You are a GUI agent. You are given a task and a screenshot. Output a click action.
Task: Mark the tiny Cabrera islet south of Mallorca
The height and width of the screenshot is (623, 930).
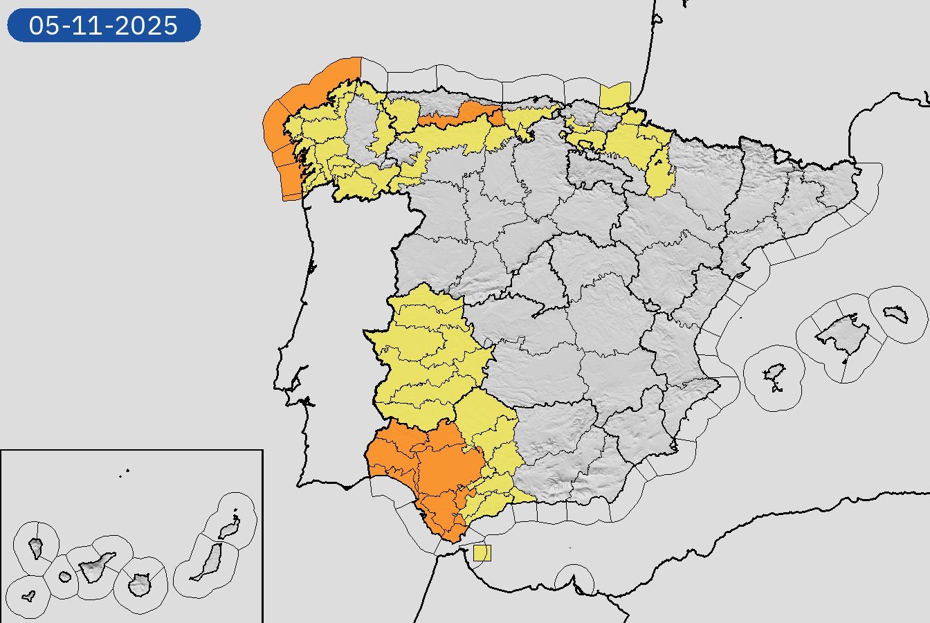[844, 361]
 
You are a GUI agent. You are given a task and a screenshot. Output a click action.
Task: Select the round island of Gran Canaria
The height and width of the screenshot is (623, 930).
[140, 585]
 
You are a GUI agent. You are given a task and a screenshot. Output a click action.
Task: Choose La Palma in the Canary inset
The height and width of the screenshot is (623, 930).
[36, 548]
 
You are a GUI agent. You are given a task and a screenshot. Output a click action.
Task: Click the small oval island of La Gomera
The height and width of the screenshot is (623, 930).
[65, 576]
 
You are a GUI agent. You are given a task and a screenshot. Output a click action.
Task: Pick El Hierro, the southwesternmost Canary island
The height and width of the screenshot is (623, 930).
[29, 595]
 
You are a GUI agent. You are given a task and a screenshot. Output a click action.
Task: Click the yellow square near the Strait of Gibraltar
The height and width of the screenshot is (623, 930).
[482, 553]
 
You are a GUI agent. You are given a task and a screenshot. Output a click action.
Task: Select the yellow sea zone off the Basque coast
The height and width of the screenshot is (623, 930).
[615, 96]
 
